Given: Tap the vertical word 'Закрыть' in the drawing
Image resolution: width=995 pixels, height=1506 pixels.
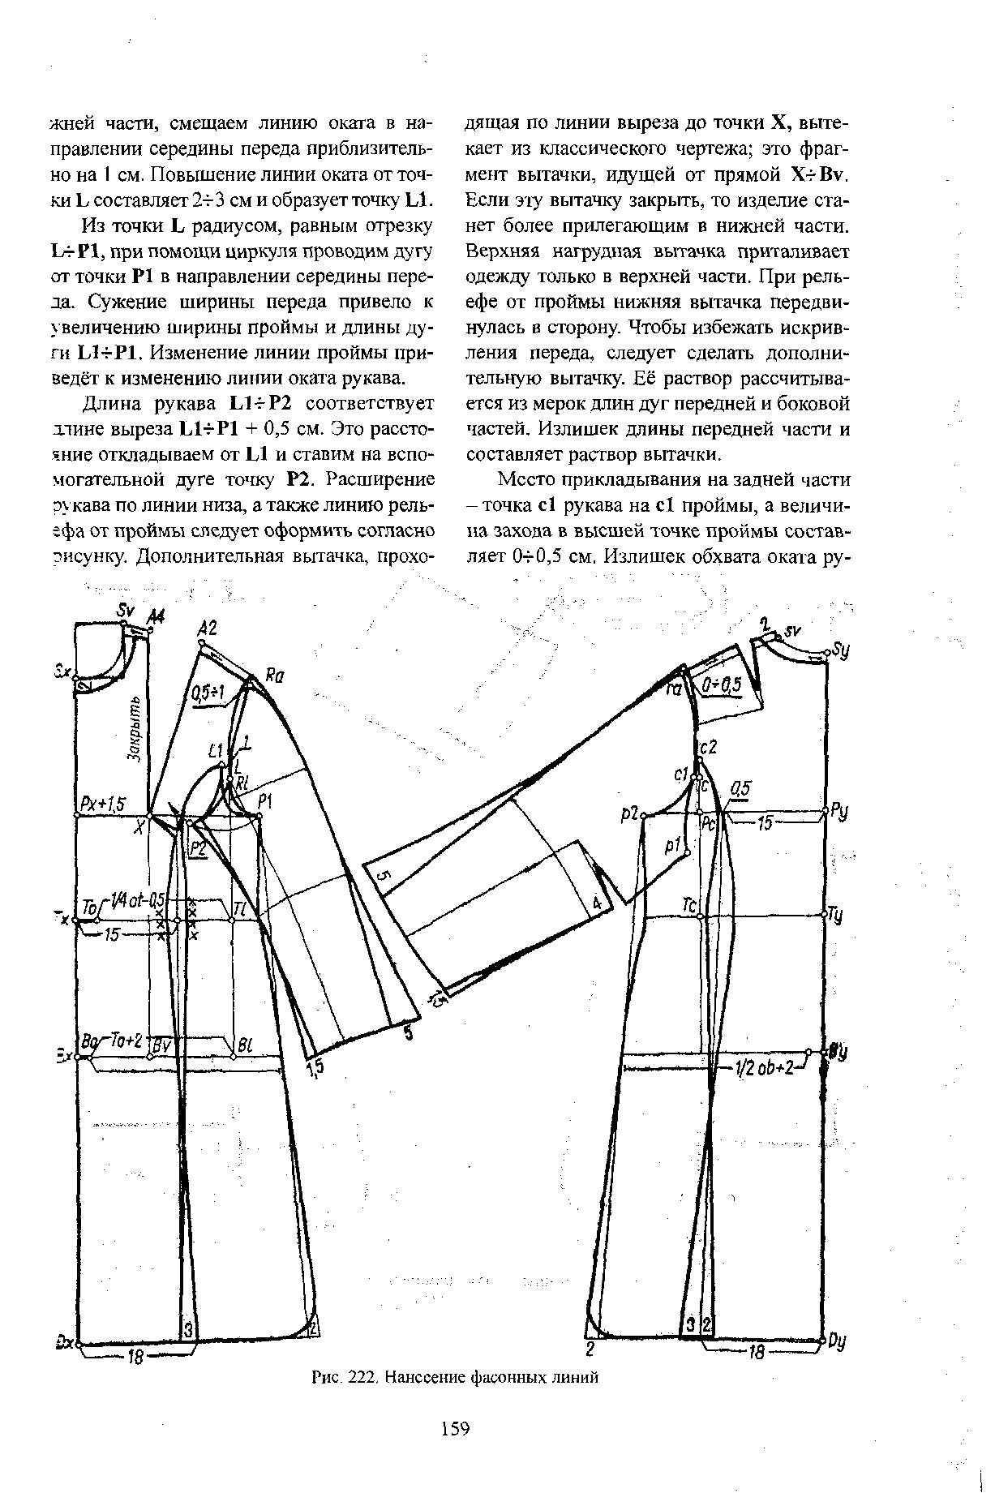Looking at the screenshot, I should (x=135, y=729).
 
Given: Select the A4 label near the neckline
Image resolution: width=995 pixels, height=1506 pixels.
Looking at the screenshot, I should (x=154, y=618).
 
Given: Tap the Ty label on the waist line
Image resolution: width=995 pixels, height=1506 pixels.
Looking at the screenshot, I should (x=836, y=916).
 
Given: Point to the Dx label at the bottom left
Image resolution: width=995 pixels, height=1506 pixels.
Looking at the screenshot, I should (x=65, y=1343).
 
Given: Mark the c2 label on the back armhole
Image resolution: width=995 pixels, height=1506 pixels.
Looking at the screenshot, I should (x=708, y=747).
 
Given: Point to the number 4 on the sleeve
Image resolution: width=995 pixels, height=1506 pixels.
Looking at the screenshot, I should (x=597, y=902).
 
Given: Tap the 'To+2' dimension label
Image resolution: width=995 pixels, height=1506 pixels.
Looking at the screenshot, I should (x=128, y=1041).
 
